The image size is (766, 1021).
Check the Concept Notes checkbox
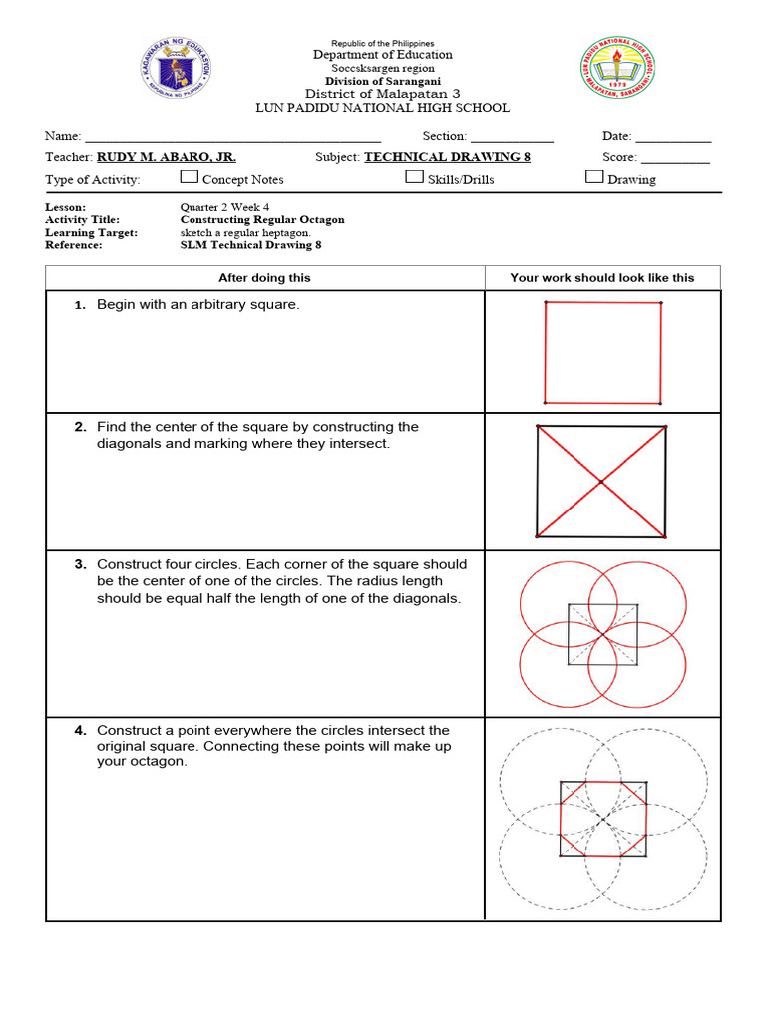pos(189,177)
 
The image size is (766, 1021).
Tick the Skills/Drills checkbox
pos(414,177)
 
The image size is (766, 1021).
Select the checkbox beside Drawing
pos(594,177)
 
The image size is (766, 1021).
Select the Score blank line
pos(674,159)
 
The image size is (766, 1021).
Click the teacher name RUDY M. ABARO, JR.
pos(166,157)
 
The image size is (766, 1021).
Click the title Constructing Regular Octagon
pos(262,219)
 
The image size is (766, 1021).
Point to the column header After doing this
pos(264,278)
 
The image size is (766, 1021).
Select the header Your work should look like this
pos(601,278)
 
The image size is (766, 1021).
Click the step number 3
pos(80,564)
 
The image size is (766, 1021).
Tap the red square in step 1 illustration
pos(602,351)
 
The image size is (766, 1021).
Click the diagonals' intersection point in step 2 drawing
pos(601,483)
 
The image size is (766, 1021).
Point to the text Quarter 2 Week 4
pos(224,207)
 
